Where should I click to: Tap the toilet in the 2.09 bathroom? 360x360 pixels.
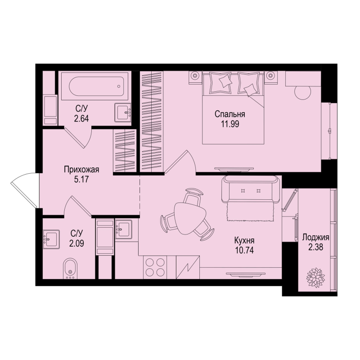69,269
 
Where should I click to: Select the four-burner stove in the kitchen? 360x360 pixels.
154,267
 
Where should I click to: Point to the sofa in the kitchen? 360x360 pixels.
250,189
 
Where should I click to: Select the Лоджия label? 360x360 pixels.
316,237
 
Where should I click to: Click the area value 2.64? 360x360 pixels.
81,119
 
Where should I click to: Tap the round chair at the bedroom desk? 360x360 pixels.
302,92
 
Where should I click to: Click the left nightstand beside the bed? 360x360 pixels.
195,76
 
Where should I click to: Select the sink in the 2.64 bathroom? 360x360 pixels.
122,112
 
